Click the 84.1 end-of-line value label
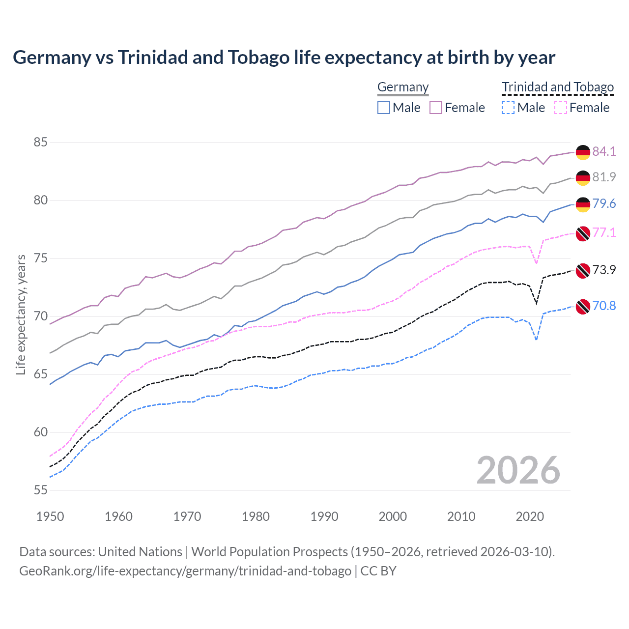pos(604,151)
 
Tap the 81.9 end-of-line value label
pos(604,177)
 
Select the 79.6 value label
pos(604,203)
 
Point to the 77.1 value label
pos(604,232)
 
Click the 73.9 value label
pos(604,270)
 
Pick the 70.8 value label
pos(604,306)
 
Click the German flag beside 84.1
pos(583,152)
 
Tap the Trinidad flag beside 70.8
pos(583,306)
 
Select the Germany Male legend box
pos(384,108)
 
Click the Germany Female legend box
pos(436,108)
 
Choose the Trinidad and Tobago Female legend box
pos(561,108)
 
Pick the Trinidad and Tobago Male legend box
pos(508,108)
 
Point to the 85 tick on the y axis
pos(40,143)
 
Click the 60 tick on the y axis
pos(40,432)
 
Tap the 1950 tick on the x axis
pos(50,516)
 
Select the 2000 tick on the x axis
pos(393,516)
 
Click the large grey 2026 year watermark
pos(518,470)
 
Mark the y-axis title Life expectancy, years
pos(21,314)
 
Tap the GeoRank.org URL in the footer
pos(185,571)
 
